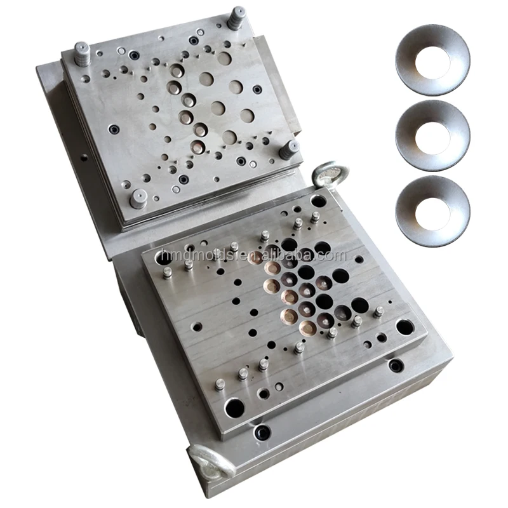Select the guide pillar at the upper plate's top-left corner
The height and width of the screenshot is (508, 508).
point(82,53)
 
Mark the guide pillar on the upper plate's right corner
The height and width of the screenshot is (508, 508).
point(289,150)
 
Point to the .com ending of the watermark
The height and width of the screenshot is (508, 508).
point(333,256)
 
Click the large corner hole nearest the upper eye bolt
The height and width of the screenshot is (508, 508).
point(318,203)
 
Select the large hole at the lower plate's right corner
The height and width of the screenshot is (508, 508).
point(404,327)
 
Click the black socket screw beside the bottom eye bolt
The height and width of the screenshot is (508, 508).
point(261,432)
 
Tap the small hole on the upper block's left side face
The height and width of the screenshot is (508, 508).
point(84,155)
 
